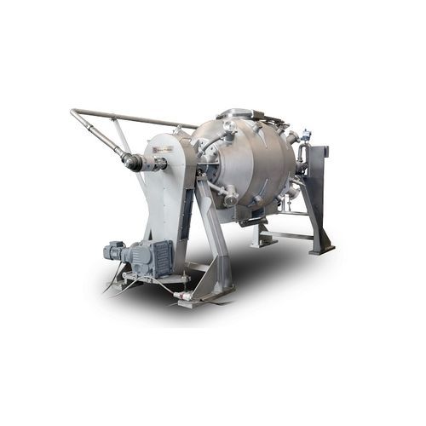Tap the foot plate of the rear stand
(x=322, y=249)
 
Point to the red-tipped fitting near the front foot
(x=179, y=295)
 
